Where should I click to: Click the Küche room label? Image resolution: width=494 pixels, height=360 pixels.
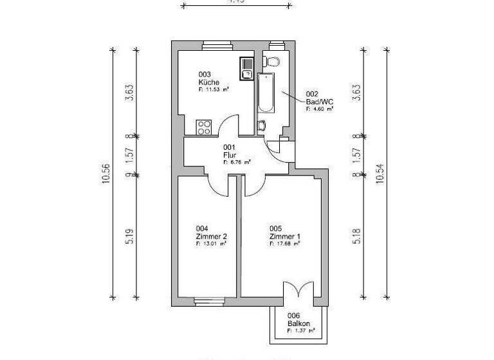point(209,83)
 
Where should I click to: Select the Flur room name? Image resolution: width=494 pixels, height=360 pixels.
point(230,155)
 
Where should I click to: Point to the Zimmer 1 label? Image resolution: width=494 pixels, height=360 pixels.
point(285,236)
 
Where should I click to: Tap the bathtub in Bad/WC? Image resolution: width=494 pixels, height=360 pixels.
point(266,94)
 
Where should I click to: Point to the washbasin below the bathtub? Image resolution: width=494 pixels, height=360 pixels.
point(262,125)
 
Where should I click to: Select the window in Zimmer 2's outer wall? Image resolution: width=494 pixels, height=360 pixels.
point(209,300)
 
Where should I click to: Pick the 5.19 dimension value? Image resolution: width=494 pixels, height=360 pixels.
point(129,236)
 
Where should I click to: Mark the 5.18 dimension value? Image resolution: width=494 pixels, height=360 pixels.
point(357,236)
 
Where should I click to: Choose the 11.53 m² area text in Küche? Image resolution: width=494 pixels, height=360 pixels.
point(214,91)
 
